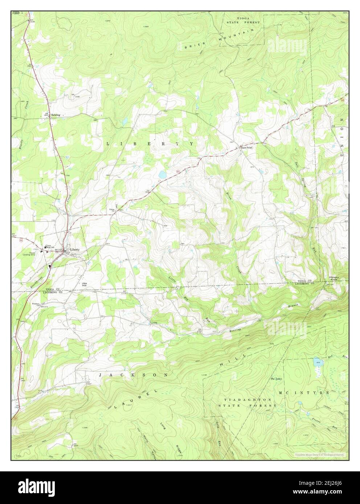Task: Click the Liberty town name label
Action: point(75,250)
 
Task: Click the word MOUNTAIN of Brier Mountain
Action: point(236,36)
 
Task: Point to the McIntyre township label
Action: point(304,393)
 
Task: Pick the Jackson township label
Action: point(134,375)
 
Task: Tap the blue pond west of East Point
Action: point(162,175)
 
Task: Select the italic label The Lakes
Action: point(275,379)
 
